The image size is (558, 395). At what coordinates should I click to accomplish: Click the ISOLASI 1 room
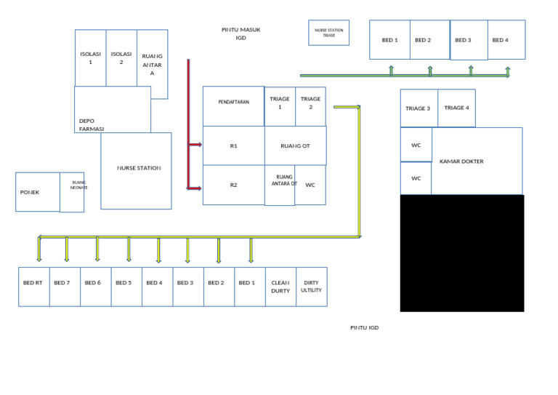point(91,58)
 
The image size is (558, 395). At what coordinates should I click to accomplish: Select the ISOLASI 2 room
point(121,58)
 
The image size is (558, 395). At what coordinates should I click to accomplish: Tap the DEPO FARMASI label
point(92,124)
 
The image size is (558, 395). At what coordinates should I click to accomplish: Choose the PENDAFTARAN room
point(233,103)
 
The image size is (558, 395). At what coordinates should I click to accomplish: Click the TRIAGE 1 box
point(280,103)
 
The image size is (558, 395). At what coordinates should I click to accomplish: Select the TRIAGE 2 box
point(310,103)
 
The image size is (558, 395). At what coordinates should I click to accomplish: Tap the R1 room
point(233,146)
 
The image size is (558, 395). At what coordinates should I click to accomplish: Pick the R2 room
point(233,185)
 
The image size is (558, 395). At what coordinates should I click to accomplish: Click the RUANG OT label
point(295,146)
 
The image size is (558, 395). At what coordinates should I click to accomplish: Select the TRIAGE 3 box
point(418,108)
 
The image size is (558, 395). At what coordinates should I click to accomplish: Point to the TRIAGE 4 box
point(456,108)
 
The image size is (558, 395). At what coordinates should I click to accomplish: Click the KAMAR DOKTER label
point(461,161)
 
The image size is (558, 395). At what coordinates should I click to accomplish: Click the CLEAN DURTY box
point(280,287)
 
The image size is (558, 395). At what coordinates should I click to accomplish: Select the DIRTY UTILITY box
point(311,287)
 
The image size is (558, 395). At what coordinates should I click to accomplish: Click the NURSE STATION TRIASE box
point(328,33)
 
